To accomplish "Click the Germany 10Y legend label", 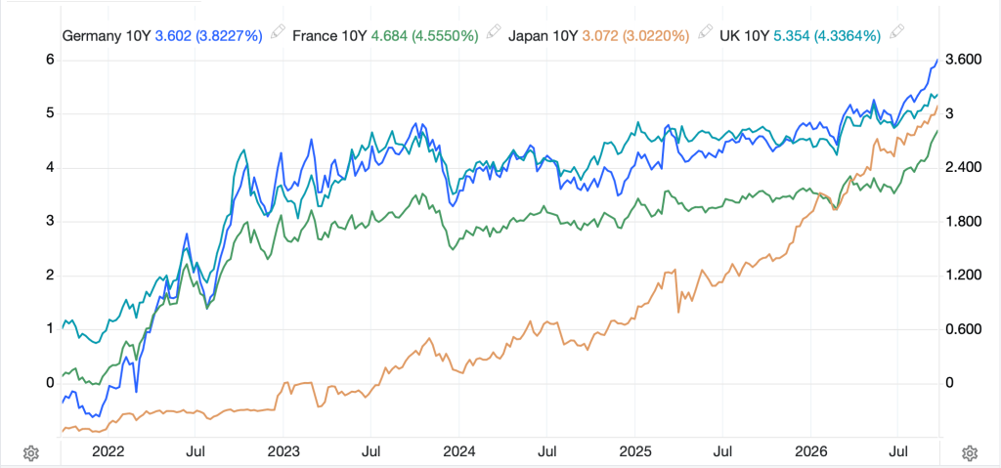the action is point(107,35).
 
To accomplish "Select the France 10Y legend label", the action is point(329,35).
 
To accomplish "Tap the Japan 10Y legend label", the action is point(544,35).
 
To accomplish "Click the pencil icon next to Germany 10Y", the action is point(277,31).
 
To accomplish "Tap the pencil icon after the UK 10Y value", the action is point(897,31).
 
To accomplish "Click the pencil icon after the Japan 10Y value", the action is point(705,31).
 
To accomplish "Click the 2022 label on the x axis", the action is point(108,452).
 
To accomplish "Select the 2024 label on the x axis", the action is point(459,452).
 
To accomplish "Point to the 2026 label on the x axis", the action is point(810,452).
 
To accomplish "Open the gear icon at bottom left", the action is point(30,453).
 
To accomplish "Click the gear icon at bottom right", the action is point(969,453).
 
